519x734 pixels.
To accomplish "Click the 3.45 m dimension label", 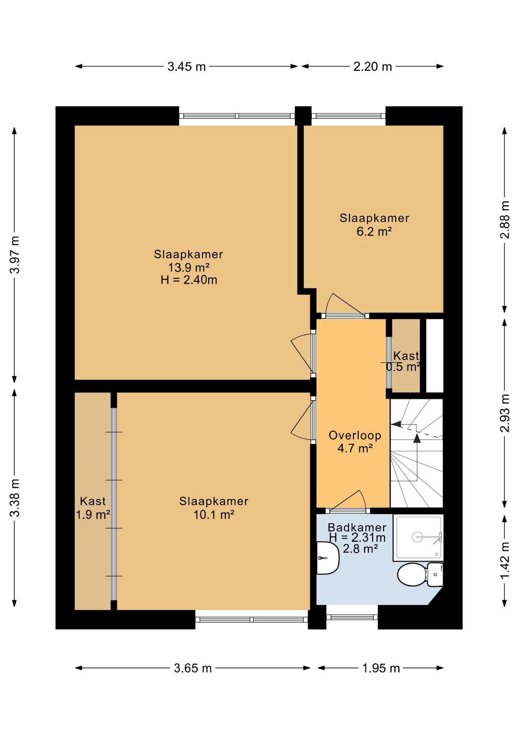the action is click(187, 67).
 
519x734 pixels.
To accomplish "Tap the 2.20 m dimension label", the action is click(372, 67).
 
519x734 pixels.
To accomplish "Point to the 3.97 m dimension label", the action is click(15, 255).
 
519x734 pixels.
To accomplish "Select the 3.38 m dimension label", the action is click(15, 498).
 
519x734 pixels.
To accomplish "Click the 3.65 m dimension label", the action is click(193, 668).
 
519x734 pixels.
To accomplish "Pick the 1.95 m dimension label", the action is click(381, 668).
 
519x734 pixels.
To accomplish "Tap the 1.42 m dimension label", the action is click(505, 560).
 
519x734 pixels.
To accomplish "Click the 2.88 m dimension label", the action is click(505, 220).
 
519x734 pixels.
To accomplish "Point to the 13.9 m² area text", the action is click(189, 267).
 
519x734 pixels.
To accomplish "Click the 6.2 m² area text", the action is click(374, 231).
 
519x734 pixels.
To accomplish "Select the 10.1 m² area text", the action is click(214, 515).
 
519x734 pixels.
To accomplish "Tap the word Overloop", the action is click(355, 435).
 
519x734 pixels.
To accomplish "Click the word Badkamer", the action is click(357, 528).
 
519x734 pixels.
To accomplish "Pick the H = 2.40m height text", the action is click(189, 280).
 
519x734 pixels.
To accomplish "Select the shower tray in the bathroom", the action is click(418, 538).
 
